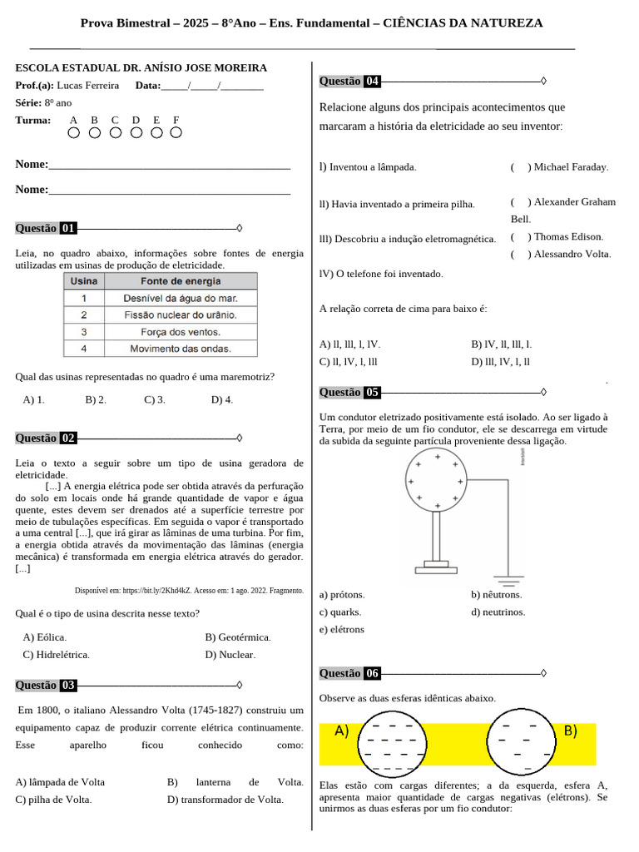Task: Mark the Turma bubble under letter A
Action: coord(74,132)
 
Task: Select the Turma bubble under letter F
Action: coord(176,132)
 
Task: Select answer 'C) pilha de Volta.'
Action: coord(53,800)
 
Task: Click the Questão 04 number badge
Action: coord(372,82)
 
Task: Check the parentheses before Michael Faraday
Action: coord(521,167)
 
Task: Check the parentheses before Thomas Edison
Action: coord(521,237)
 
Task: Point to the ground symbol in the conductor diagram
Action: coord(509,577)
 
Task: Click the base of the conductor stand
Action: coord(435,568)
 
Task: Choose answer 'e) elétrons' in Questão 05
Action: coord(342,630)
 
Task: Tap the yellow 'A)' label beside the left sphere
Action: coord(341,731)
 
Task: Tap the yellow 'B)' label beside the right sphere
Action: coord(570,731)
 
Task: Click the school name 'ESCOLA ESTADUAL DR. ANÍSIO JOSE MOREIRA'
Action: coord(141,68)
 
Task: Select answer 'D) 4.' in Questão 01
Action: coord(222,399)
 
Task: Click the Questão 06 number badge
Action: coord(372,674)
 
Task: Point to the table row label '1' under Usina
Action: coord(83,298)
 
